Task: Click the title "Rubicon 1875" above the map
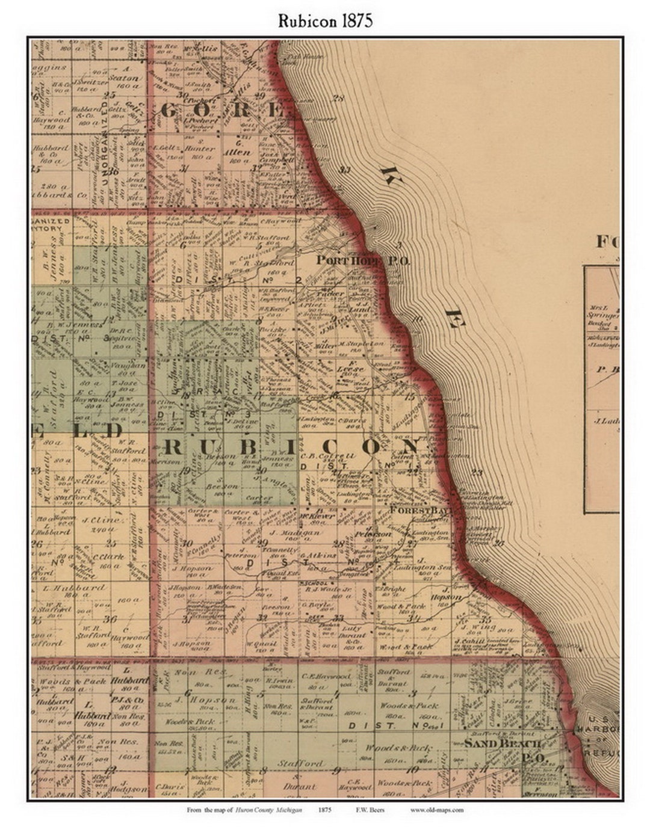(x=325, y=21)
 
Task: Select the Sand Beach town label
(x=502, y=743)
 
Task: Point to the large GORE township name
(x=223, y=111)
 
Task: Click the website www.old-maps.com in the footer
(x=437, y=810)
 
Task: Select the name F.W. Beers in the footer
(x=373, y=810)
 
